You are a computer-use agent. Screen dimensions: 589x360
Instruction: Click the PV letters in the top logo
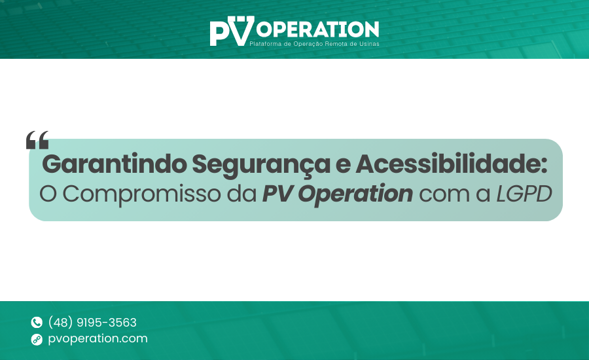pos(232,31)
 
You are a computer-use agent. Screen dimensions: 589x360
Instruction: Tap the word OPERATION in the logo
pos(317,29)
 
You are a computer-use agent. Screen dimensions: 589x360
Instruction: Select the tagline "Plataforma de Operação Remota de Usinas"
pos(314,44)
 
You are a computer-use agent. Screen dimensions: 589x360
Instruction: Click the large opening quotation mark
pos(37,140)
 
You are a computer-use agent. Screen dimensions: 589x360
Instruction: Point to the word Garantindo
pos(115,164)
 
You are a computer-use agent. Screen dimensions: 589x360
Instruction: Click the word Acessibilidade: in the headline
pos(451,164)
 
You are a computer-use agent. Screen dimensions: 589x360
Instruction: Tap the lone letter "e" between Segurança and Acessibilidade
pos(343,166)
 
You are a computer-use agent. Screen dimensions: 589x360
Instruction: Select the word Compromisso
pos(141,194)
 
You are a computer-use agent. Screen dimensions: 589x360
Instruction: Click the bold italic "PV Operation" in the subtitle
pos(337,194)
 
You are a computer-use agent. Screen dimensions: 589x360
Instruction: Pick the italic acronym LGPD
pos(524,194)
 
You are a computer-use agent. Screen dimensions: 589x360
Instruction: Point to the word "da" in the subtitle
pos(241,194)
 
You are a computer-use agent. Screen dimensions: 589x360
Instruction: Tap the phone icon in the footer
pos(37,322)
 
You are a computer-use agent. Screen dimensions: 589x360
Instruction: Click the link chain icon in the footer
pos(37,339)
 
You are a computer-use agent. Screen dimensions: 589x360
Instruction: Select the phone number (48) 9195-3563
pos(92,323)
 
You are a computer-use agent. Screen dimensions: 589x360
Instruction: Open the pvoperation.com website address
pos(98,339)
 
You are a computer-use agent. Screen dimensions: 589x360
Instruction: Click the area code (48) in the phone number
pos(60,323)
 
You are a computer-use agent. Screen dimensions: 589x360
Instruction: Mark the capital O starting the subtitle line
pos(48,194)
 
